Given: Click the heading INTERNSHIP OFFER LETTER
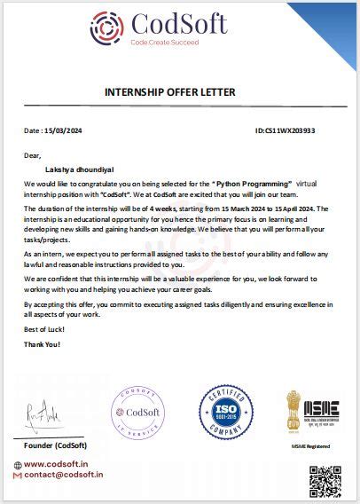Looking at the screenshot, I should tap(178, 92).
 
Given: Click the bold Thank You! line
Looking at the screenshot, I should tap(42, 343).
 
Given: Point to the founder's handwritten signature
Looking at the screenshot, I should tap(46, 412).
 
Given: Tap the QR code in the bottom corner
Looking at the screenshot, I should tap(325, 484).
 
